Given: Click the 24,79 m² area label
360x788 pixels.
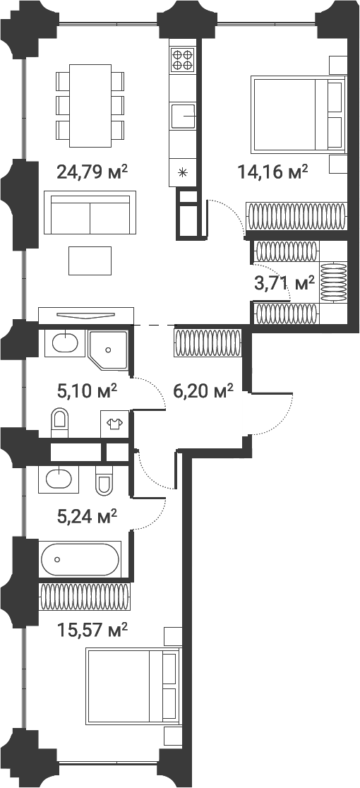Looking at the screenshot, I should tap(91, 171).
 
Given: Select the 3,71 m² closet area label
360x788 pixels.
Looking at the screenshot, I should tap(284, 284).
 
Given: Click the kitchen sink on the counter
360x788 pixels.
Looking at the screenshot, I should tap(183, 114).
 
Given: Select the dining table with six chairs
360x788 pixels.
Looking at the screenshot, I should tap(90, 100).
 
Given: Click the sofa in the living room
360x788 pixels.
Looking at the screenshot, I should tap(90, 212).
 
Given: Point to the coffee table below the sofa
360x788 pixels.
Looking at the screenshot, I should tap(90, 261).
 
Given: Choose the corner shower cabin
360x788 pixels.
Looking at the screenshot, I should tap(109, 348).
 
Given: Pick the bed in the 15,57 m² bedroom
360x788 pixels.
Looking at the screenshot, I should tap(133, 686).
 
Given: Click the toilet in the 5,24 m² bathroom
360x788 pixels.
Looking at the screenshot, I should tap(104, 480).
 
